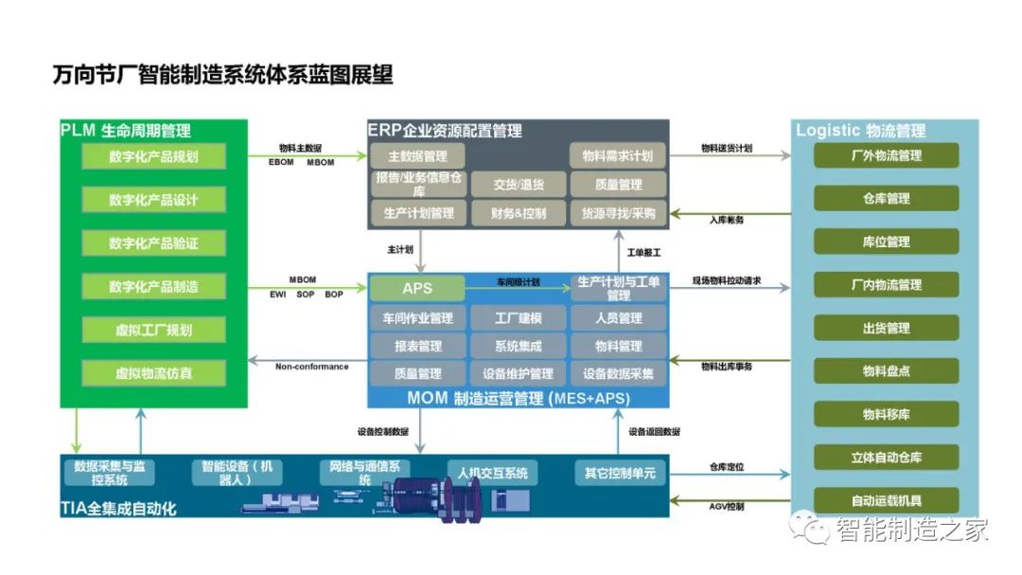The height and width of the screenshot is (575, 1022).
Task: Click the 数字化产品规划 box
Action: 153,156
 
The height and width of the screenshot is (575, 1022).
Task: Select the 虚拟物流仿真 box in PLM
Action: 153,373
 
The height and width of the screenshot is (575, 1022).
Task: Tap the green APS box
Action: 417,288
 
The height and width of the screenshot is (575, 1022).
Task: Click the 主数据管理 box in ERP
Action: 417,156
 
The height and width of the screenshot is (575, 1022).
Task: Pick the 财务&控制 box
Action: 519,213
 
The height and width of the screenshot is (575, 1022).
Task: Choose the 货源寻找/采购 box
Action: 618,213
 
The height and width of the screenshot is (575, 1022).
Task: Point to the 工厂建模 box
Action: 518,318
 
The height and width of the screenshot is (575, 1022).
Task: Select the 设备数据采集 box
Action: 618,373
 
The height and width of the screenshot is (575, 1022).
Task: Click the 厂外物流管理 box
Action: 886,156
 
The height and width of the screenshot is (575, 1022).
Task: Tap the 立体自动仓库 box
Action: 886,458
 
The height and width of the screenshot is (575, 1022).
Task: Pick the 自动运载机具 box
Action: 886,501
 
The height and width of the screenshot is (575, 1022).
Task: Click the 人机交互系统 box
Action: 492,473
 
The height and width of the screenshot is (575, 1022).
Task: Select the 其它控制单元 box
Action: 620,473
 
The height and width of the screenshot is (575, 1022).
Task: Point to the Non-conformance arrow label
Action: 311,367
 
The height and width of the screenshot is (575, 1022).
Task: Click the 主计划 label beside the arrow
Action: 400,251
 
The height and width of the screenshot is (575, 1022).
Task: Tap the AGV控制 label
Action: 727,507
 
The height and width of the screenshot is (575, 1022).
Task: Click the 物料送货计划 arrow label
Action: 727,149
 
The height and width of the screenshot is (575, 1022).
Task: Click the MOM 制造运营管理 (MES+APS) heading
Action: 518,399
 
